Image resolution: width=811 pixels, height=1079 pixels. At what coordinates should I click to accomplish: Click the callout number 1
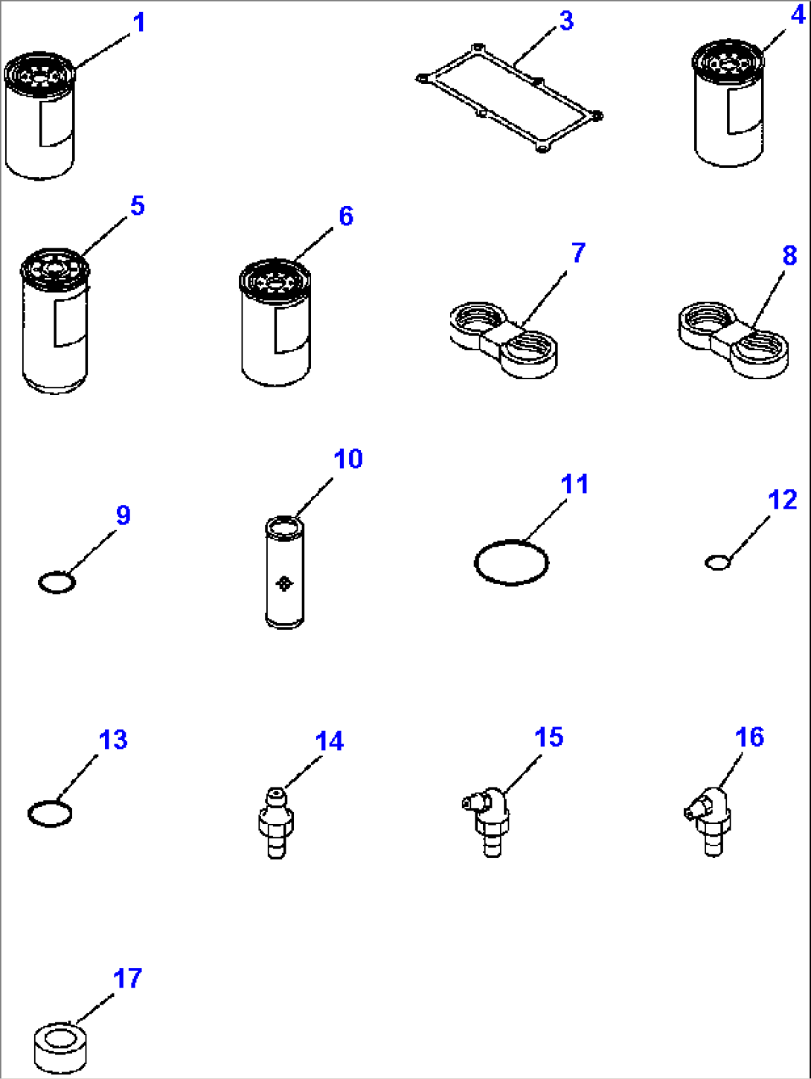point(138,23)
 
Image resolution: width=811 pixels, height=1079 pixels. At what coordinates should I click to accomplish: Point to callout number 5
point(137,206)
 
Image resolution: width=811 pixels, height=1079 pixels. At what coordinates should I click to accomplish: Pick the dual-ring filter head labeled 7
point(504,339)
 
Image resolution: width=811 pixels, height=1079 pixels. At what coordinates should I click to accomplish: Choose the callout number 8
point(789,256)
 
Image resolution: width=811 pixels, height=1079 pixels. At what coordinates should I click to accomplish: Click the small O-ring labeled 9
point(57,582)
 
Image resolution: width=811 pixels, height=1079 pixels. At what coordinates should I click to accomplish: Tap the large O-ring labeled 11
point(511,562)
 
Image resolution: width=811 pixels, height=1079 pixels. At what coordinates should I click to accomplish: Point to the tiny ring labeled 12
point(717,562)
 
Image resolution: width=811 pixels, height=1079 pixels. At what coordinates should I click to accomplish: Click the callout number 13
point(113,740)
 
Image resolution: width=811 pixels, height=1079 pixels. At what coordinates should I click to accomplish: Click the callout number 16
point(749,737)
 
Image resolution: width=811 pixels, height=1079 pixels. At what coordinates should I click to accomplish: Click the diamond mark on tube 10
point(283,584)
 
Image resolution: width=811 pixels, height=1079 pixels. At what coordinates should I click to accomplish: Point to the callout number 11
point(574,484)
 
